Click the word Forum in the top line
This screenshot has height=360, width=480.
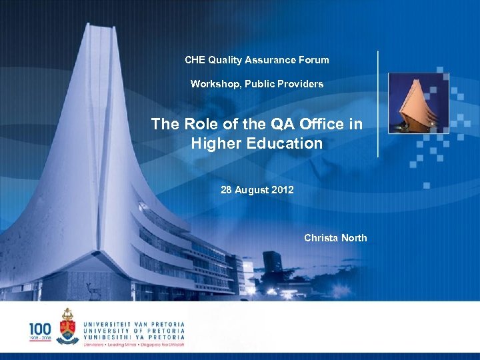[x=313, y=60]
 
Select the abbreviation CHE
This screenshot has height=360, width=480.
[x=195, y=60]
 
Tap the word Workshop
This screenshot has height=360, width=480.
[x=213, y=84]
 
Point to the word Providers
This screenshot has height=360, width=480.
[x=302, y=84]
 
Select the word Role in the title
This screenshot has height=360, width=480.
[x=196, y=124]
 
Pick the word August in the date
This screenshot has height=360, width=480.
[x=252, y=190]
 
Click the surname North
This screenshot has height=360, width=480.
[x=353, y=238]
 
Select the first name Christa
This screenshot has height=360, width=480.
[x=321, y=238]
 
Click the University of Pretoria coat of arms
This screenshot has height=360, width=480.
[x=67, y=325]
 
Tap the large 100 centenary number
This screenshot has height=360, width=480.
[x=39, y=327]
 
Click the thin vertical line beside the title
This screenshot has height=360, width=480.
[x=378, y=104]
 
